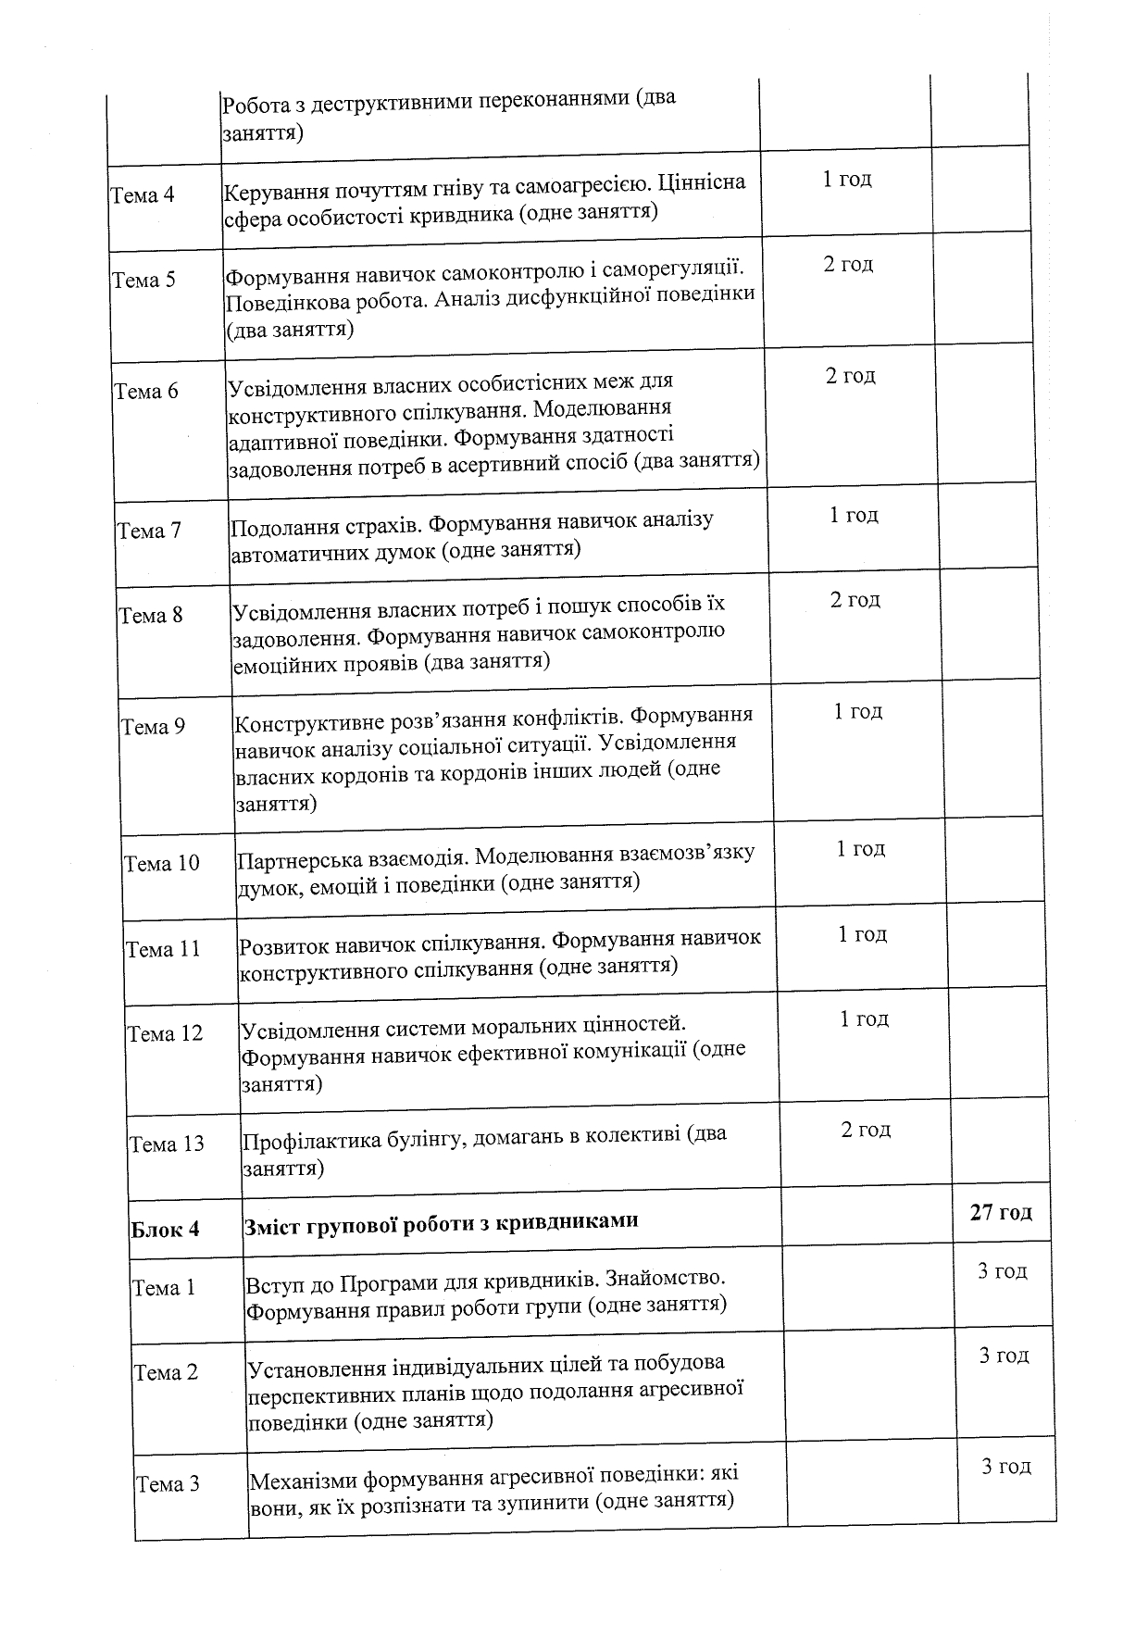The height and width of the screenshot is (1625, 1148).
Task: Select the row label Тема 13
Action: pyautogui.click(x=167, y=1144)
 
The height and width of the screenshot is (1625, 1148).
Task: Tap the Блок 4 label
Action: pyautogui.click(x=165, y=1230)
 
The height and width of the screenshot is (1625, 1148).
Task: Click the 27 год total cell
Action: pyautogui.click(x=1001, y=1212)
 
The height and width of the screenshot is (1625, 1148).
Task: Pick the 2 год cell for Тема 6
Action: pyautogui.click(x=850, y=375)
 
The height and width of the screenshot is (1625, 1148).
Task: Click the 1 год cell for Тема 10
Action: pyautogui.click(x=861, y=849)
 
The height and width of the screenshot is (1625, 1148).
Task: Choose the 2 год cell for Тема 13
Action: pyautogui.click(x=866, y=1130)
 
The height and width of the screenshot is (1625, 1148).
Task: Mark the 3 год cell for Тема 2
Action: pyautogui.click(x=1004, y=1356)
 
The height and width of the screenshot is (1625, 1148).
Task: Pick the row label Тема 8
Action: pyautogui.click(x=151, y=615)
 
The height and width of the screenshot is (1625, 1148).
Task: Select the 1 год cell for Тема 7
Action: pyautogui.click(x=854, y=515)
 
